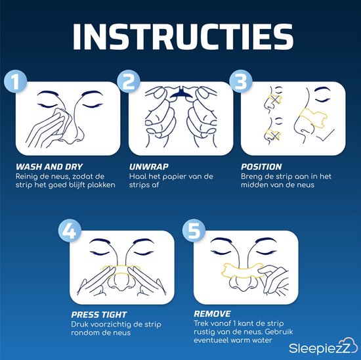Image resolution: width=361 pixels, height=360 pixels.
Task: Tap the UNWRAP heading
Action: click(x=148, y=166)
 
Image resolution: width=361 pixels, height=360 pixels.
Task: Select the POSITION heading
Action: click(x=261, y=166)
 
